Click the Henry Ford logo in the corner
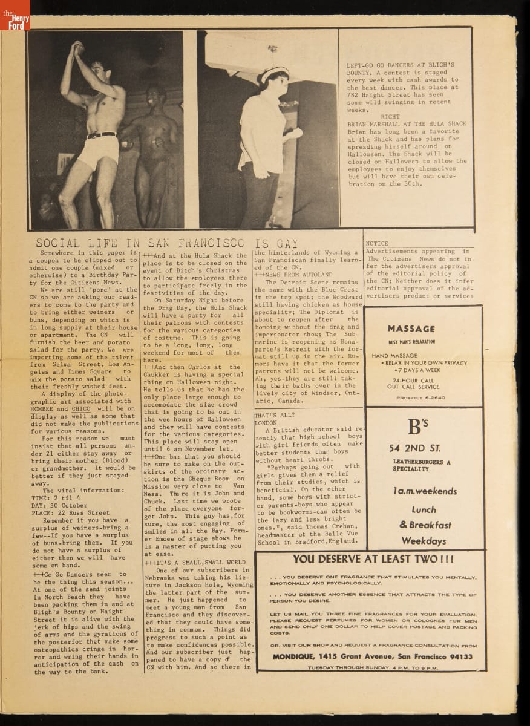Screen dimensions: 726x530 [15, 15]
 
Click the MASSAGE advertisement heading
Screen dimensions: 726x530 [411, 329]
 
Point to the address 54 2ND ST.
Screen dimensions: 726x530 [414, 448]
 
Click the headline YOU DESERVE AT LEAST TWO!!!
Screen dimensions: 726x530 [373, 560]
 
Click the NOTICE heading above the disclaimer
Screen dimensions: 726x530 [377, 243]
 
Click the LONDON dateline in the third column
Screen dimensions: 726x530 [266, 423]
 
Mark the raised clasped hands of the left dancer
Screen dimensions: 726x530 [77, 48]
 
